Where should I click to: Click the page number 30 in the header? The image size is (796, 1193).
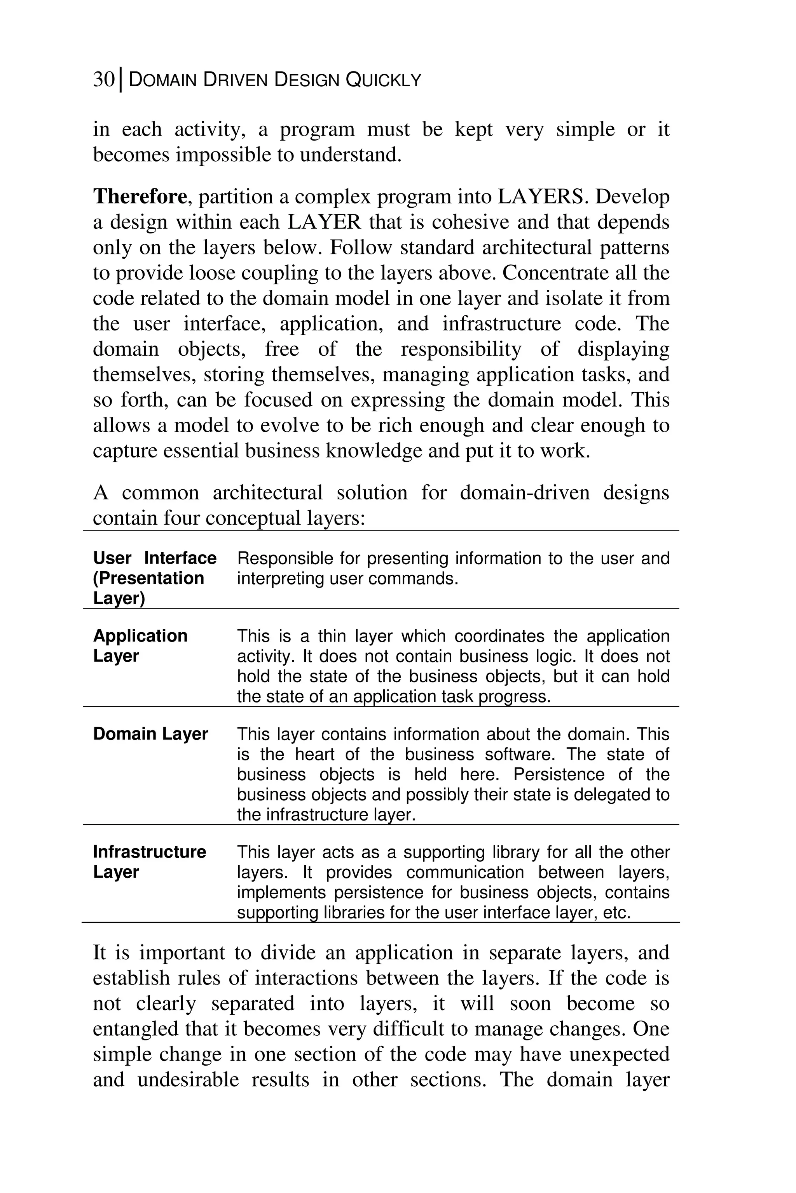coord(104,80)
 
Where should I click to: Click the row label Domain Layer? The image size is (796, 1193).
coord(150,734)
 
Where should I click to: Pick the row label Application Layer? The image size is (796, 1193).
coord(140,646)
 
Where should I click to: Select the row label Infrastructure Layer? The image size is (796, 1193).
coord(149,862)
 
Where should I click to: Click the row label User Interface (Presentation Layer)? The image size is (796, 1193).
coord(154,578)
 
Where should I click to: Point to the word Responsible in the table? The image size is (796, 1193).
coord(285,558)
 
